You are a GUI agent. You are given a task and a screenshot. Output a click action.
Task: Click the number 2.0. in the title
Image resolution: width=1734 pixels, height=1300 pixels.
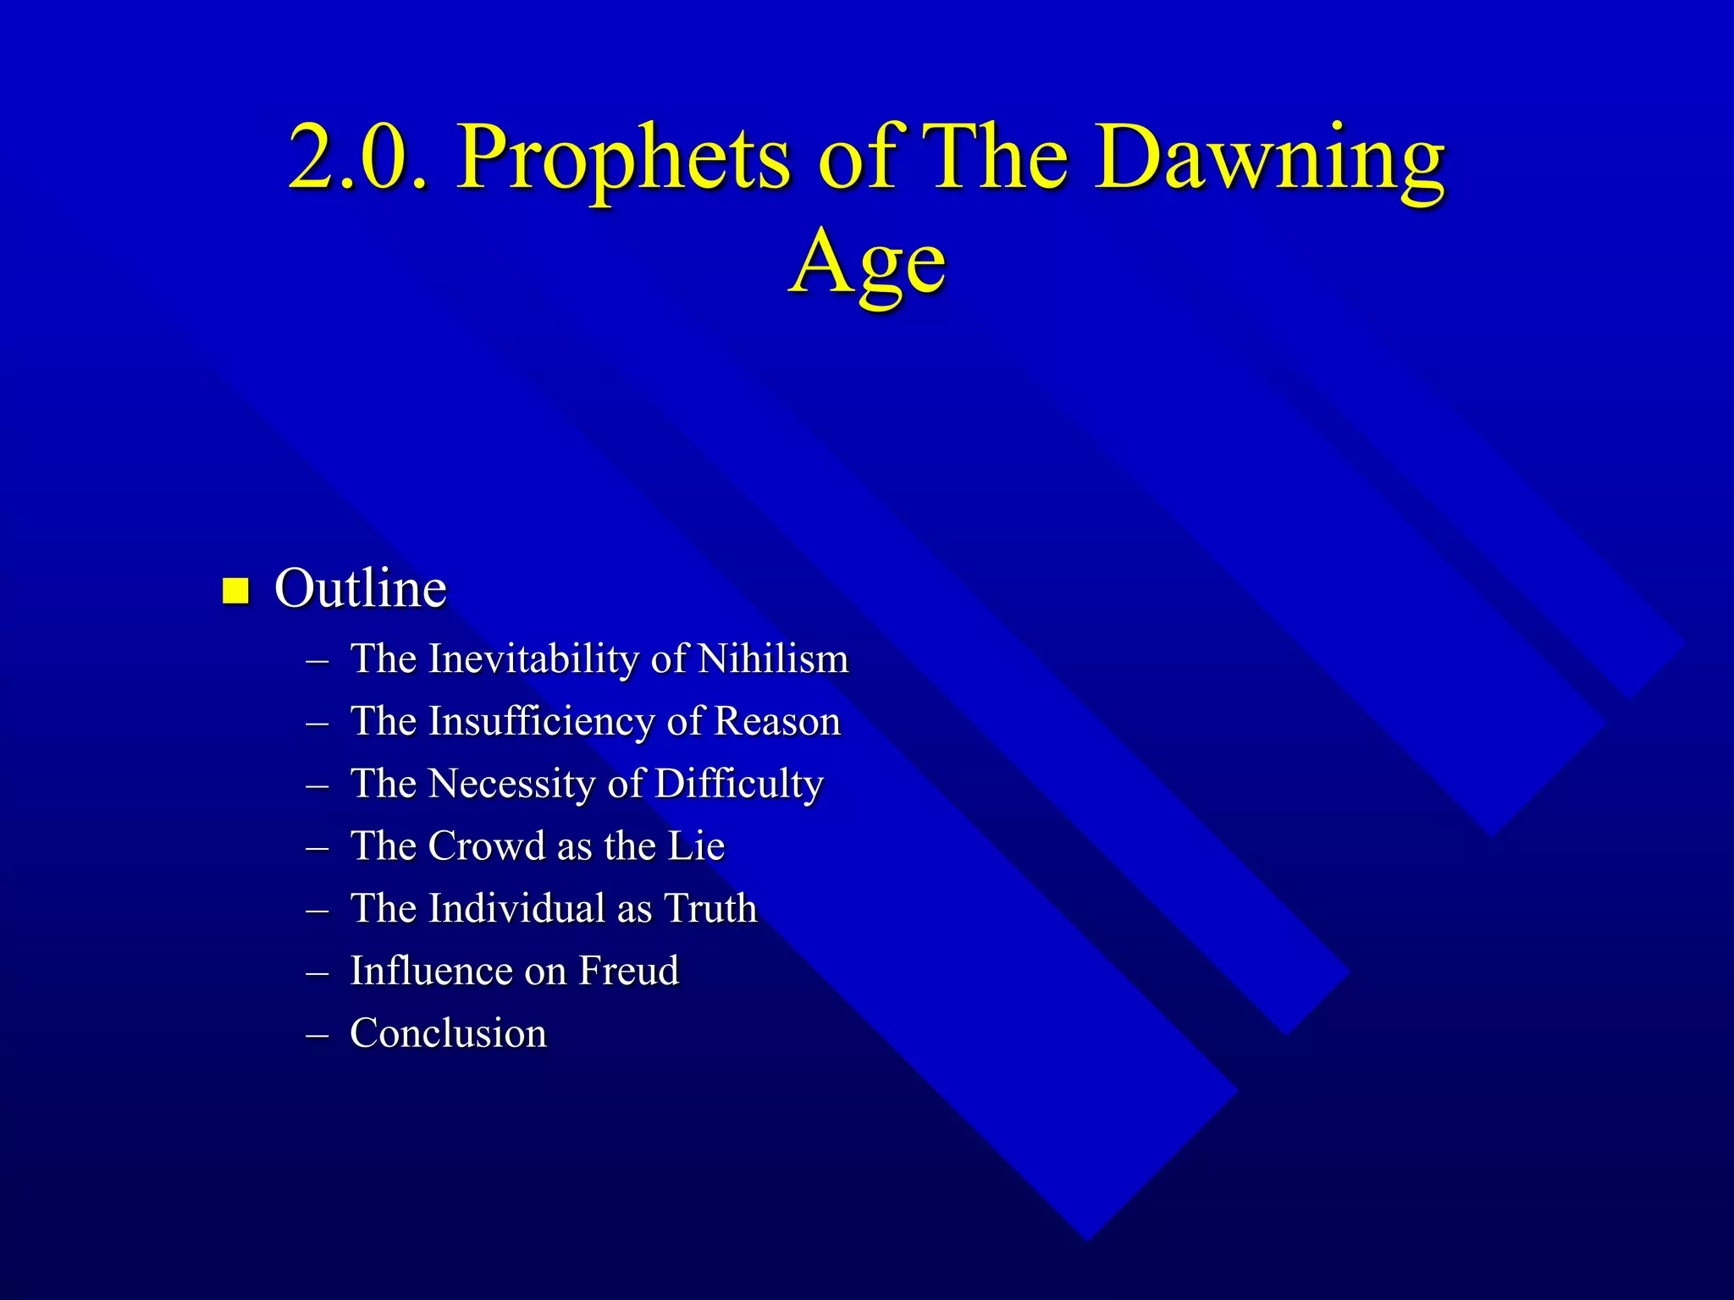point(358,158)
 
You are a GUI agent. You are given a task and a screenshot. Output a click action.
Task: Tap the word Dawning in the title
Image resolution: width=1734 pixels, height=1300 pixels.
point(1273,158)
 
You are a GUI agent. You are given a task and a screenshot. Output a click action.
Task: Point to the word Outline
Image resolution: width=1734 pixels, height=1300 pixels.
point(361,588)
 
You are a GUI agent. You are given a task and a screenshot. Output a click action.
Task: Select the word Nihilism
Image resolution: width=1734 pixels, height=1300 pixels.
point(772,659)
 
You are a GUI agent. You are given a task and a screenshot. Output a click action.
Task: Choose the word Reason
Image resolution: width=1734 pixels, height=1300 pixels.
point(777,722)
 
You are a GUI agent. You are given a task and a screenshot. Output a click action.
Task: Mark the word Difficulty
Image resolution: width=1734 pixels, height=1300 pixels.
point(738,785)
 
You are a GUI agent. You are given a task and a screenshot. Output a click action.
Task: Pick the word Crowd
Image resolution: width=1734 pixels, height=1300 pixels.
point(486,846)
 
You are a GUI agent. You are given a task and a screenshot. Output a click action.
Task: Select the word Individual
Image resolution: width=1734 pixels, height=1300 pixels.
point(516,909)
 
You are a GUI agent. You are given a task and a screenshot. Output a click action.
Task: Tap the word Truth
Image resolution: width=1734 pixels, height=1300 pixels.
point(710,909)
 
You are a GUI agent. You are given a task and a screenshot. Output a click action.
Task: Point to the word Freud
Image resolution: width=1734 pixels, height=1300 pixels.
point(628,971)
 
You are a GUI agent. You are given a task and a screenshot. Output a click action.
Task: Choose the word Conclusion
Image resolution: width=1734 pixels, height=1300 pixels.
point(449,1033)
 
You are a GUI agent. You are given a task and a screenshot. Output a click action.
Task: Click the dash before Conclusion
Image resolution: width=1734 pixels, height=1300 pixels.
point(318,1034)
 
